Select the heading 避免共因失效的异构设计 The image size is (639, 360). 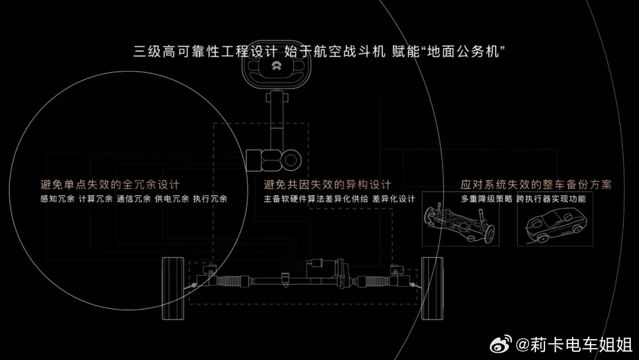tap(327, 185)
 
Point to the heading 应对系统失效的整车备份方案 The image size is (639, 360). tap(536, 185)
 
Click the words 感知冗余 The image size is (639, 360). tap(57, 199)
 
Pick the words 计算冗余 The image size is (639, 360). tap(95, 199)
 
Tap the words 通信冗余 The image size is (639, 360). tap(134, 199)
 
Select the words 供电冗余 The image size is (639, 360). tap(172, 199)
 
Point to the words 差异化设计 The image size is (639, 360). tap(393, 199)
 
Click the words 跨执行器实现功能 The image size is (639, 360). tap(551, 199)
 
